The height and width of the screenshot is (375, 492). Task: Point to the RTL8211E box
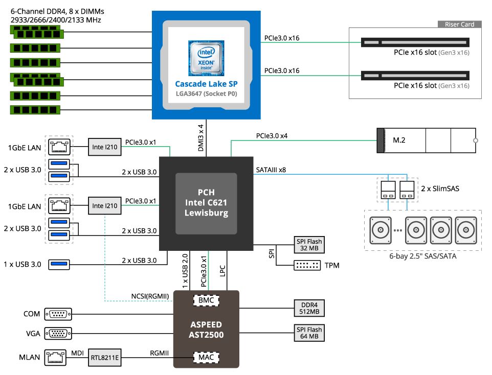click(x=105, y=357)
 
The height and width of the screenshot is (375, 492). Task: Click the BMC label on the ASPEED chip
click(x=206, y=300)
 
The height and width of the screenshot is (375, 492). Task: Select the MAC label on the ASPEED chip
click(x=206, y=357)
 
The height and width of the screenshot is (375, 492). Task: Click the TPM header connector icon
click(x=307, y=265)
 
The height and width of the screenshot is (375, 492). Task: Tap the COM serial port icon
click(x=58, y=314)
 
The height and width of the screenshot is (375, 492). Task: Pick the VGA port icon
click(x=58, y=334)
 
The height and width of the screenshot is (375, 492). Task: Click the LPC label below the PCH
click(x=222, y=271)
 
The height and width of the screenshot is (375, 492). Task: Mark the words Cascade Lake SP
click(x=206, y=84)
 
